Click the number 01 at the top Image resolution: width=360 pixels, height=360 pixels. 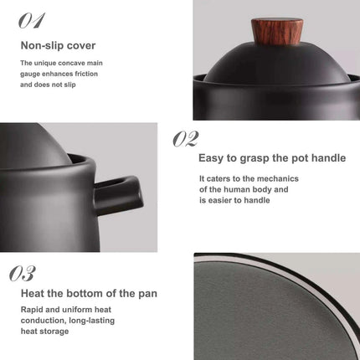tap(31, 20)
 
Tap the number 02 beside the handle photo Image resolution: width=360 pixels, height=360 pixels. tap(186, 139)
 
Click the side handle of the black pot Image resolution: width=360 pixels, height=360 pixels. tap(121, 188)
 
